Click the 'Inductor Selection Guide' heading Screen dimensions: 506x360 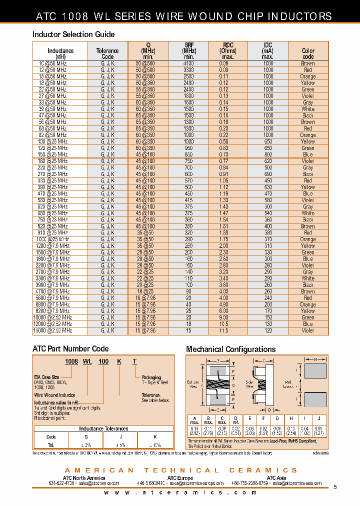73,34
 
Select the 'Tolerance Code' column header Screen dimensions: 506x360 107,53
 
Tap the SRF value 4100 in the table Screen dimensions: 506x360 188,63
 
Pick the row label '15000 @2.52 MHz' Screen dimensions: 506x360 54,330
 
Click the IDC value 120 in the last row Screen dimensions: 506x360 268,330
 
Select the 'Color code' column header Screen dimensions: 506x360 308,53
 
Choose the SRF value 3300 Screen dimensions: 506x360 188,70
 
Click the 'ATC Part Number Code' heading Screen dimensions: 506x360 70,348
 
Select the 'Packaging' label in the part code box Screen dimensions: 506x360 151,377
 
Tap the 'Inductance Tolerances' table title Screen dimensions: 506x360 103,428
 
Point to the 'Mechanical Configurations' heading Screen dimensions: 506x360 230,349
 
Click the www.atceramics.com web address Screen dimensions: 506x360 180,492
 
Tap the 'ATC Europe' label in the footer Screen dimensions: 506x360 180,478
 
